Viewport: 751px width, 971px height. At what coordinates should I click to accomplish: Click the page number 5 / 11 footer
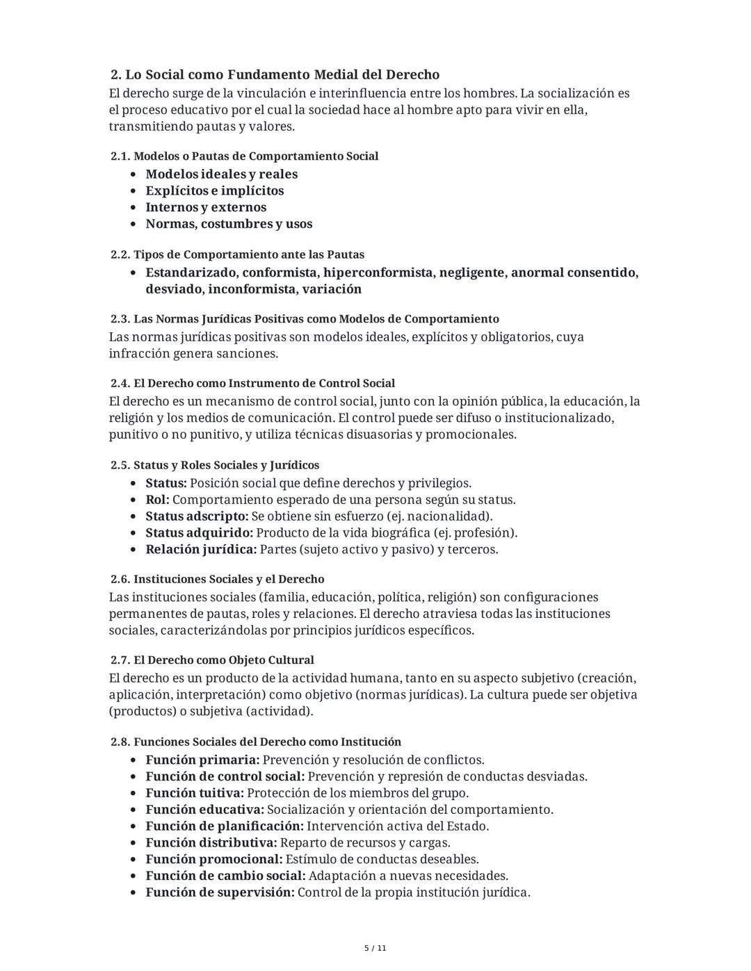[375, 948]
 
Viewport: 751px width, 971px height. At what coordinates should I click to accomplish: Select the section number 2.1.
[120, 156]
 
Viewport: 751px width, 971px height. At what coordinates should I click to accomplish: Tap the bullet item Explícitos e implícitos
[214, 190]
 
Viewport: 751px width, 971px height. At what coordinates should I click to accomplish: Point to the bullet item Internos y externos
[205, 207]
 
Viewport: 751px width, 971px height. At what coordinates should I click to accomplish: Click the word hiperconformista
[380, 272]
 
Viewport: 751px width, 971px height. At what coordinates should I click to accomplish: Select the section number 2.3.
[120, 319]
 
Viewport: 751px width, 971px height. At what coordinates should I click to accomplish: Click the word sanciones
[247, 353]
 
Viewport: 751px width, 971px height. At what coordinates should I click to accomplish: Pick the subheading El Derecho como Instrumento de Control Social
[264, 384]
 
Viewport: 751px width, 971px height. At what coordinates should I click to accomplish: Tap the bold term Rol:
[157, 500]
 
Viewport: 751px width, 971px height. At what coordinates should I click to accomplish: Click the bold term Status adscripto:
[197, 516]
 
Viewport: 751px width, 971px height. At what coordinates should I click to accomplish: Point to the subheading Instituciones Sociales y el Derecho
[228, 579]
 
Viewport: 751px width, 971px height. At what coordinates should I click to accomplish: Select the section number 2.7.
[120, 660]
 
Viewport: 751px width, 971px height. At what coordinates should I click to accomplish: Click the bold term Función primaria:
[202, 760]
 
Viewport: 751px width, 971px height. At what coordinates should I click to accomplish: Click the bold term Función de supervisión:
[220, 892]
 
